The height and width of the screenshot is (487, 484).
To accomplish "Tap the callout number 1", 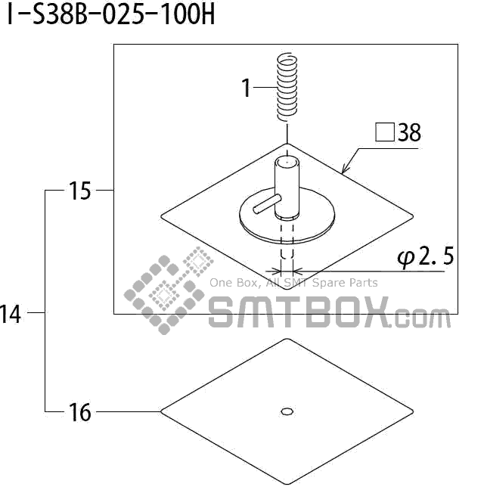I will (x=246, y=88).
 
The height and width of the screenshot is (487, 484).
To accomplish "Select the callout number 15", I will (x=79, y=191).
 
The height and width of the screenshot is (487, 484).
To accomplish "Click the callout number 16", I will (x=79, y=412).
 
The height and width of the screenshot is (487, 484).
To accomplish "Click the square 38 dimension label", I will (x=399, y=134).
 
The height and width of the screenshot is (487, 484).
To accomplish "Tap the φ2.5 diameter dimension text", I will (x=425, y=258).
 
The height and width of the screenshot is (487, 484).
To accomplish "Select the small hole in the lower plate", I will (x=287, y=411).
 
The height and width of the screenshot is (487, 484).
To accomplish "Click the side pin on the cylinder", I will (x=266, y=203).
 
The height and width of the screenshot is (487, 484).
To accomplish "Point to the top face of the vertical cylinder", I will (x=286, y=161).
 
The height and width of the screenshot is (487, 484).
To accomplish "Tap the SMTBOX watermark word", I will (x=299, y=312).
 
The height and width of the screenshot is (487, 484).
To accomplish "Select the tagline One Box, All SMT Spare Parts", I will (x=293, y=283).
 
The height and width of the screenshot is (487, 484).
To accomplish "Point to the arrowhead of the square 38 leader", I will (x=344, y=172).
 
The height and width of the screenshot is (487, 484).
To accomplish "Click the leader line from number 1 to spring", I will (x=265, y=88).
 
